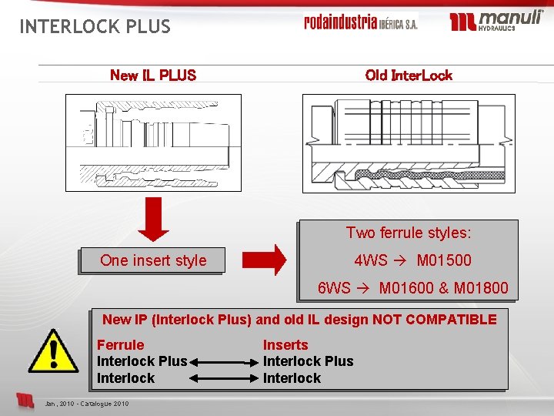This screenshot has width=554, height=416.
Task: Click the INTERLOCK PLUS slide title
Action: click(x=95, y=27)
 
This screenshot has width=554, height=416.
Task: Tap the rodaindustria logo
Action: click(x=360, y=22)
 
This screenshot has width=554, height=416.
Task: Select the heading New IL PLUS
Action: click(x=153, y=75)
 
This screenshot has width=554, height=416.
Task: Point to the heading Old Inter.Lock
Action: click(x=409, y=75)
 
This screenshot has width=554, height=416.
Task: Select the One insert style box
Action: click(x=153, y=260)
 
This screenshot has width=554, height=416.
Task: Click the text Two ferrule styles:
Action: click(x=409, y=233)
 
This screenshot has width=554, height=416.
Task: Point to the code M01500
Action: click(x=444, y=260)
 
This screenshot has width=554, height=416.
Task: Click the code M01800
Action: click(x=481, y=288)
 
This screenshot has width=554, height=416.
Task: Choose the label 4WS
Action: click(x=371, y=260)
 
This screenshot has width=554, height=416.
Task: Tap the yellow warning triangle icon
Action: click(x=53, y=351)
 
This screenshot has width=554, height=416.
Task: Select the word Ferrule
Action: click(x=120, y=345)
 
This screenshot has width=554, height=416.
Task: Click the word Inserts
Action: click(x=285, y=345)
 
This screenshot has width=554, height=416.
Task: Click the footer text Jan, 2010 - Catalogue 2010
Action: click(x=87, y=404)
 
